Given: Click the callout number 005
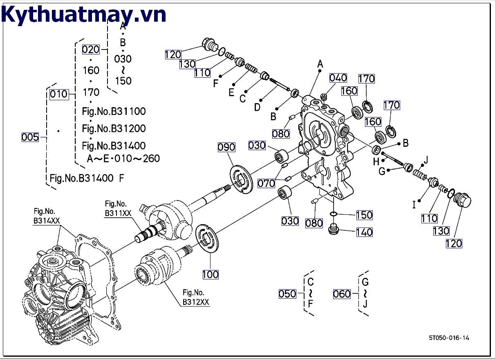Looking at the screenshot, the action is point(30,137).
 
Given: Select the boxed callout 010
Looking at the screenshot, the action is point(59,94).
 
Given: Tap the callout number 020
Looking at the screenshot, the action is point(91,49).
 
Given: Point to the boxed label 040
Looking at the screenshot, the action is point(338,78).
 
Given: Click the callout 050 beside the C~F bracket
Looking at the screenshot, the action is point(287,294).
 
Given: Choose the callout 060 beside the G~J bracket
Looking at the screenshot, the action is point(342,294).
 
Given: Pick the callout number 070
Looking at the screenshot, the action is point(266,183).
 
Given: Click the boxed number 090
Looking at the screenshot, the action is point(226,147).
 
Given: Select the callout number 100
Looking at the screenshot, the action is point(211,274).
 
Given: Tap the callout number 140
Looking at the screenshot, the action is point(364,232).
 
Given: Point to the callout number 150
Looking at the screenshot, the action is point(364,215).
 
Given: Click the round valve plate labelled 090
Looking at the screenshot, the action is point(241,179).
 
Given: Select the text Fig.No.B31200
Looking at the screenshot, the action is point(114,128).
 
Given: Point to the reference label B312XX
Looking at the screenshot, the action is point(196,302).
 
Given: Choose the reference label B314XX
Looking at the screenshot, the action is point(47,220).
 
